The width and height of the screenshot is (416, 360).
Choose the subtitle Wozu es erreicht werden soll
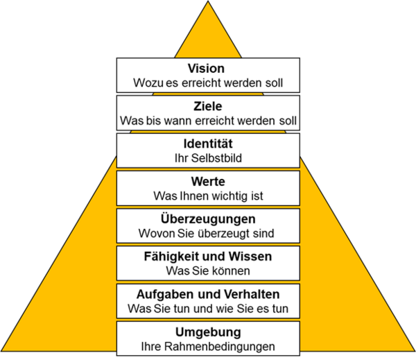[x=208, y=82]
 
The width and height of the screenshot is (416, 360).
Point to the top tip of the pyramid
[x=208, y=3]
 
